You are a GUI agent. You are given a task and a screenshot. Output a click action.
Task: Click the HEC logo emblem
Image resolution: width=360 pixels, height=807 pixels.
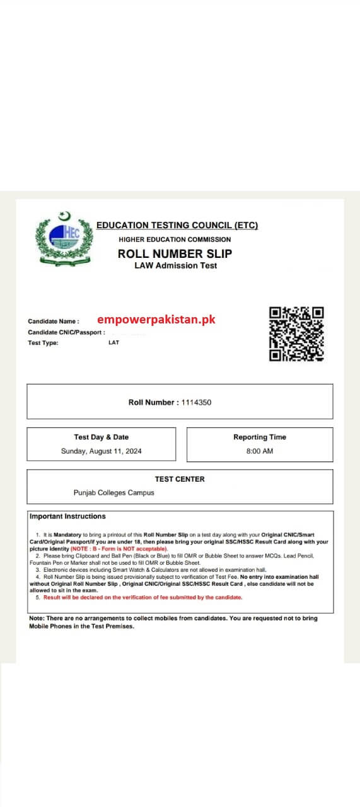pyautogui.click(x=64, y=239)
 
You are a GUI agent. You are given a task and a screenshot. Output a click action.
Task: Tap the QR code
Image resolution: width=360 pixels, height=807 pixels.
pyautogui.click(x=296, y=334)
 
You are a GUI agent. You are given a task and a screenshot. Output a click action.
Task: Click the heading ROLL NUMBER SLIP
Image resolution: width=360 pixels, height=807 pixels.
pyautogui.click(x=175, y=253)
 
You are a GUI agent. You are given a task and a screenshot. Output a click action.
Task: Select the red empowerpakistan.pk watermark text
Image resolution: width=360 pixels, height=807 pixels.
pyautogui.click(x=156, y=320)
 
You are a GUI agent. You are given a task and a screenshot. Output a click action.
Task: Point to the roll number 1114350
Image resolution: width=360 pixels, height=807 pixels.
pyautogui.click(x=196, y=402)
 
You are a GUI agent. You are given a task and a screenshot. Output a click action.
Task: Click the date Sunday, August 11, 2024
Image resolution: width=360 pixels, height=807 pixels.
pyautogui.click(x=101, y=451)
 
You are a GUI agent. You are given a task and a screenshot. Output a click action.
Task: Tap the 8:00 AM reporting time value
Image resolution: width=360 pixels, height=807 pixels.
pyautogui.click(x=259, y=451)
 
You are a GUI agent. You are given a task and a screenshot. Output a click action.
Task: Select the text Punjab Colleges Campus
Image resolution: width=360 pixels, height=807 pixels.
pyautogui.click(x=113, y=492)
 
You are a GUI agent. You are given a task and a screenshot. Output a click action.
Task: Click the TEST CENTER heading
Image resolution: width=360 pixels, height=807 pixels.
pyautogui.click(x=180, y=479)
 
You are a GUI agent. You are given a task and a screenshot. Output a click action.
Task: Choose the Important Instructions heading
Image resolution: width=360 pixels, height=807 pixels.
pyautogui.click(x=68, y=516)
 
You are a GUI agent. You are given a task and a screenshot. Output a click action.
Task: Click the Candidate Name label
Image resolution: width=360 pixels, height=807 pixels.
pyautogui.click(x=54, y=321)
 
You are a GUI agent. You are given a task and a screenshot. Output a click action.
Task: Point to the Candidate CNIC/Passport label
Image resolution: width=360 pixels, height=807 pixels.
pyautogui.click(x=66, y=332)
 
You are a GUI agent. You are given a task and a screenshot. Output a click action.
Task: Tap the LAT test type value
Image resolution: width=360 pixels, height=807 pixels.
pyautogui.click(x=113, y=342)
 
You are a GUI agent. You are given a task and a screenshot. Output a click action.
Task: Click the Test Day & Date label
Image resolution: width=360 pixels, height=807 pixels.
pyautogui.click(x=101, y=437)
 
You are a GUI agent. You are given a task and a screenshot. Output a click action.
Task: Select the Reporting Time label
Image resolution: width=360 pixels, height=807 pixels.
pyautogui.click(x=259, y=437)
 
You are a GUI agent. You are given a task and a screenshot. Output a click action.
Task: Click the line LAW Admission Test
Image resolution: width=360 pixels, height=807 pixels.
pyautogui.click(x=175, y=265)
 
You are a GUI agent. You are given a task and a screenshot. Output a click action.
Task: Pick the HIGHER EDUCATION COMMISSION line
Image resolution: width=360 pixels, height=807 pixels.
pyautogui.click(x=175, y=240)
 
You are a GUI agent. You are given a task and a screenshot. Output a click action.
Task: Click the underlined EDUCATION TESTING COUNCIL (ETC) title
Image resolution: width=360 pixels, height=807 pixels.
pyautogui.click(x=177, y=225)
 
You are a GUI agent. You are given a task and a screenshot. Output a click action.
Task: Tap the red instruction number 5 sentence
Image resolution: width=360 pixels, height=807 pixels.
pyautogui.click(x=142, y=597)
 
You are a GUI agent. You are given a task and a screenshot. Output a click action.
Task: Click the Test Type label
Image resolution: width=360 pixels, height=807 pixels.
pyautogui.click(x=43, y=343)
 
